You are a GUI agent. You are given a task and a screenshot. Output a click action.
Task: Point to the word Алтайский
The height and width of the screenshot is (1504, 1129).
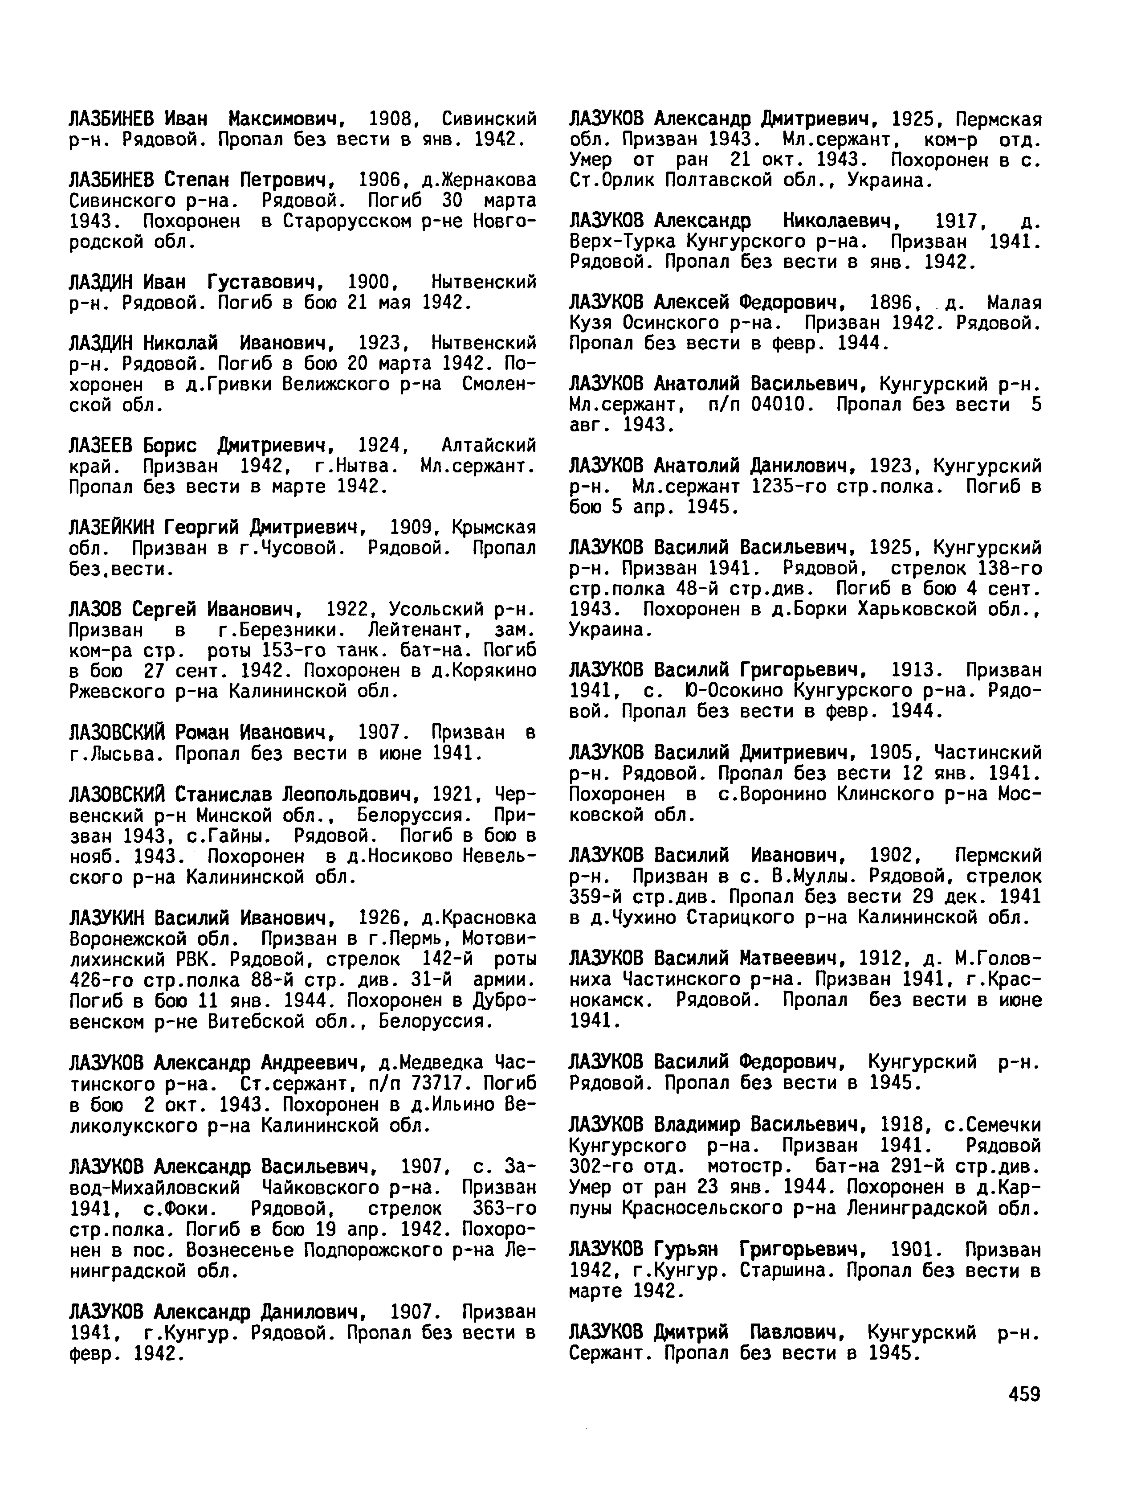tap(488, 446)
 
